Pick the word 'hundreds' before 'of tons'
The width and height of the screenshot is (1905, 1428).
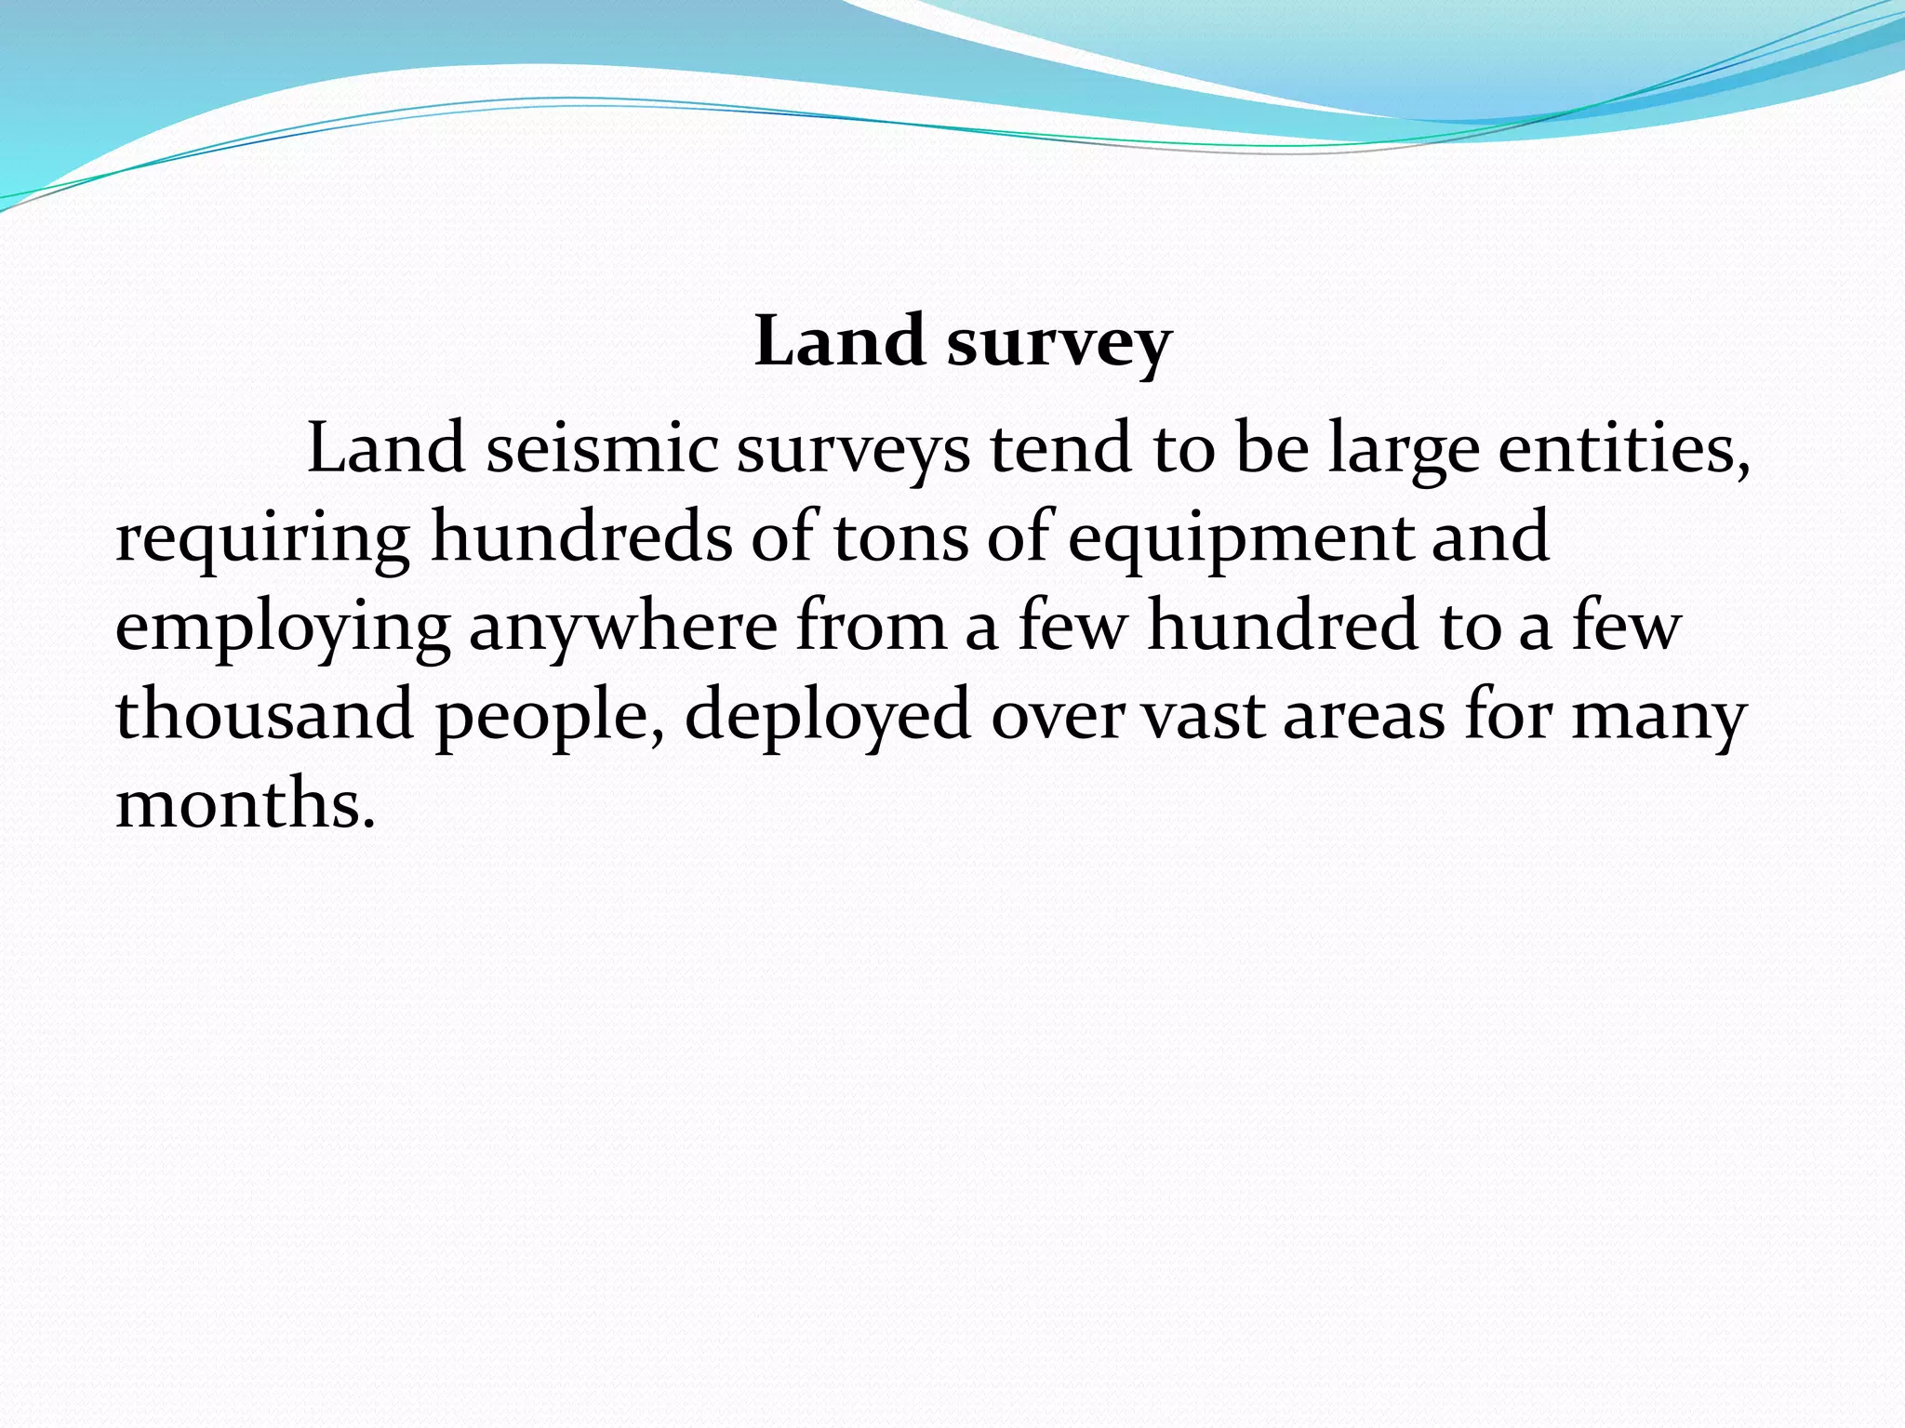point(581,536)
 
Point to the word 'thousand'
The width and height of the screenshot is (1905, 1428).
point(264,714)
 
